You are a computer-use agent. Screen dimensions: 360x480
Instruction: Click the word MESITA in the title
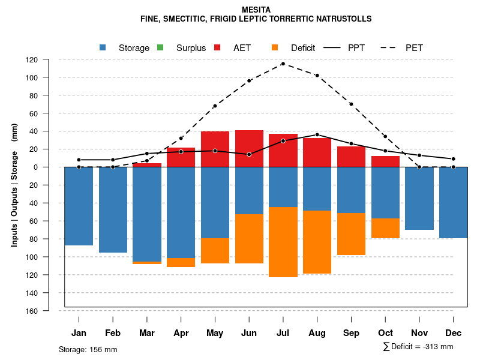256,10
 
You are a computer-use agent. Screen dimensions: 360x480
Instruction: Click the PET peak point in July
283,64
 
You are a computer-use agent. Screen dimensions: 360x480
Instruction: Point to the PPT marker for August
317,134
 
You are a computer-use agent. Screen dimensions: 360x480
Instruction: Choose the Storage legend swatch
103,47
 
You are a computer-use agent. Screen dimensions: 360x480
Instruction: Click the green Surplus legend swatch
160,47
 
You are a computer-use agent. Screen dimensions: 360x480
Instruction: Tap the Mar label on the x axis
147,333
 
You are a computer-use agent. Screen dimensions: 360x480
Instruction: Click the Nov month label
419,333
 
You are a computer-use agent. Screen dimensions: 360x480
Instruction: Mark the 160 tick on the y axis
49,311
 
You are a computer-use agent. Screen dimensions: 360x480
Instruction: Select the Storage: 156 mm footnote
88,349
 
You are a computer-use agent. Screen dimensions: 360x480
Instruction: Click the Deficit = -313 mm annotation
418,347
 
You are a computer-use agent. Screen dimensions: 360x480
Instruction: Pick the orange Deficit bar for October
385,228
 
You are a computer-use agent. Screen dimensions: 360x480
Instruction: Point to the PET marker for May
215,106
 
